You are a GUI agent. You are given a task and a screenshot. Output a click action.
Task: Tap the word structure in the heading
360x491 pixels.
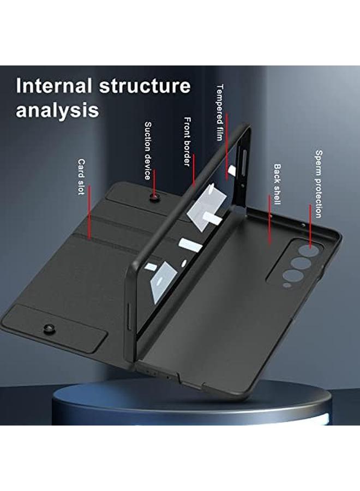click(x=145, y=87)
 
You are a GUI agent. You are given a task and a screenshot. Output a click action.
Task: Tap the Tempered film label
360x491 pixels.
click(x=220, y=112)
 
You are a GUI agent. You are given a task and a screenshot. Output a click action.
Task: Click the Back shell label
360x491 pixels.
click(x=277, y=184)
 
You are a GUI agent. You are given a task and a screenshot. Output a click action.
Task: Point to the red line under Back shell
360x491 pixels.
click(x=270, y=221)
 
